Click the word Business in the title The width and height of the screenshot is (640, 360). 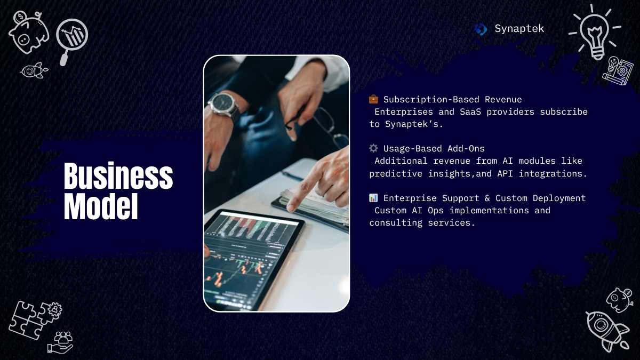point(118,175)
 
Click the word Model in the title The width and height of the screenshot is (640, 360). point(101,206)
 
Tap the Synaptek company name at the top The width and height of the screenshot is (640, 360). point(519,29)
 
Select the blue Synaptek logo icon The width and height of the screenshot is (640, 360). point(481,29)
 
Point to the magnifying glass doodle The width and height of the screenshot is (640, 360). point(71,40)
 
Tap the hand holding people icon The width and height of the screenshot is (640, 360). point(60,342)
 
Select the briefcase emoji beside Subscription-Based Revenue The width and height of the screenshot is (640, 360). point(373,99)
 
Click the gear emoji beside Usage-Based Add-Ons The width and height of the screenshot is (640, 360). point(373,148)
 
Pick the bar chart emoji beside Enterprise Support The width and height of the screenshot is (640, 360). point(373,198)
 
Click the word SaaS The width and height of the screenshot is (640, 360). point(470,111)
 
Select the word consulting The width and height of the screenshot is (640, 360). point(396,222)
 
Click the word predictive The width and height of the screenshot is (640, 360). point(396,173)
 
